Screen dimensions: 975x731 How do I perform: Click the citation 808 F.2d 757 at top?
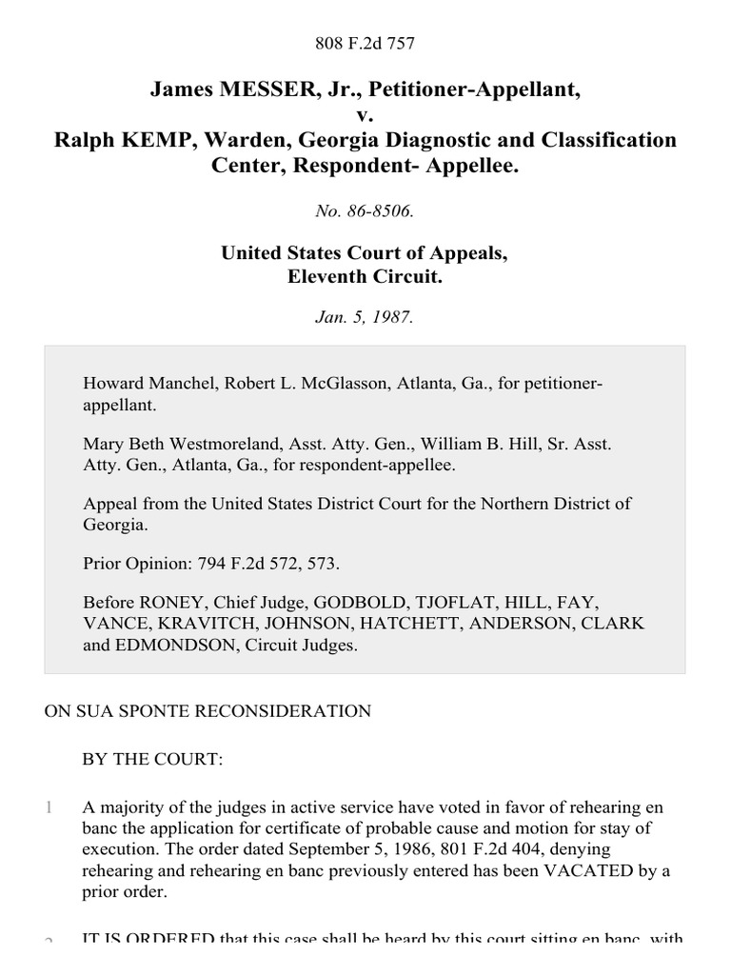coord(365,43)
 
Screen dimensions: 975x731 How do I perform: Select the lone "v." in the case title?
coord(365,115)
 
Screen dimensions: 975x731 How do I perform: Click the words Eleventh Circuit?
coord(365,278)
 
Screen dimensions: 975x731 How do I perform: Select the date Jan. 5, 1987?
coord(365,319)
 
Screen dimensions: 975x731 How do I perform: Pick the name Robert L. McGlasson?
coord(300,382)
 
